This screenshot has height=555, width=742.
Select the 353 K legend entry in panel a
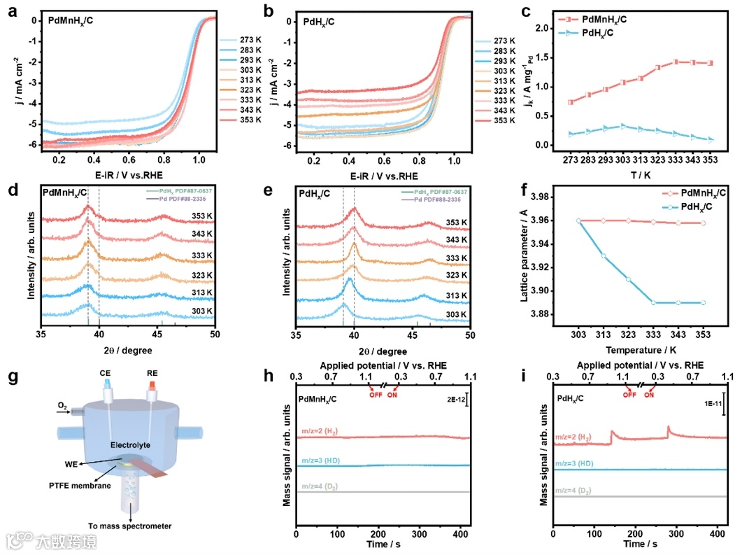click(250, 120)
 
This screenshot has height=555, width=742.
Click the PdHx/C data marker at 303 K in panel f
click(579, 220)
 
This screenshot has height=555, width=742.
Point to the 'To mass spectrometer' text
click(129, 525)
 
